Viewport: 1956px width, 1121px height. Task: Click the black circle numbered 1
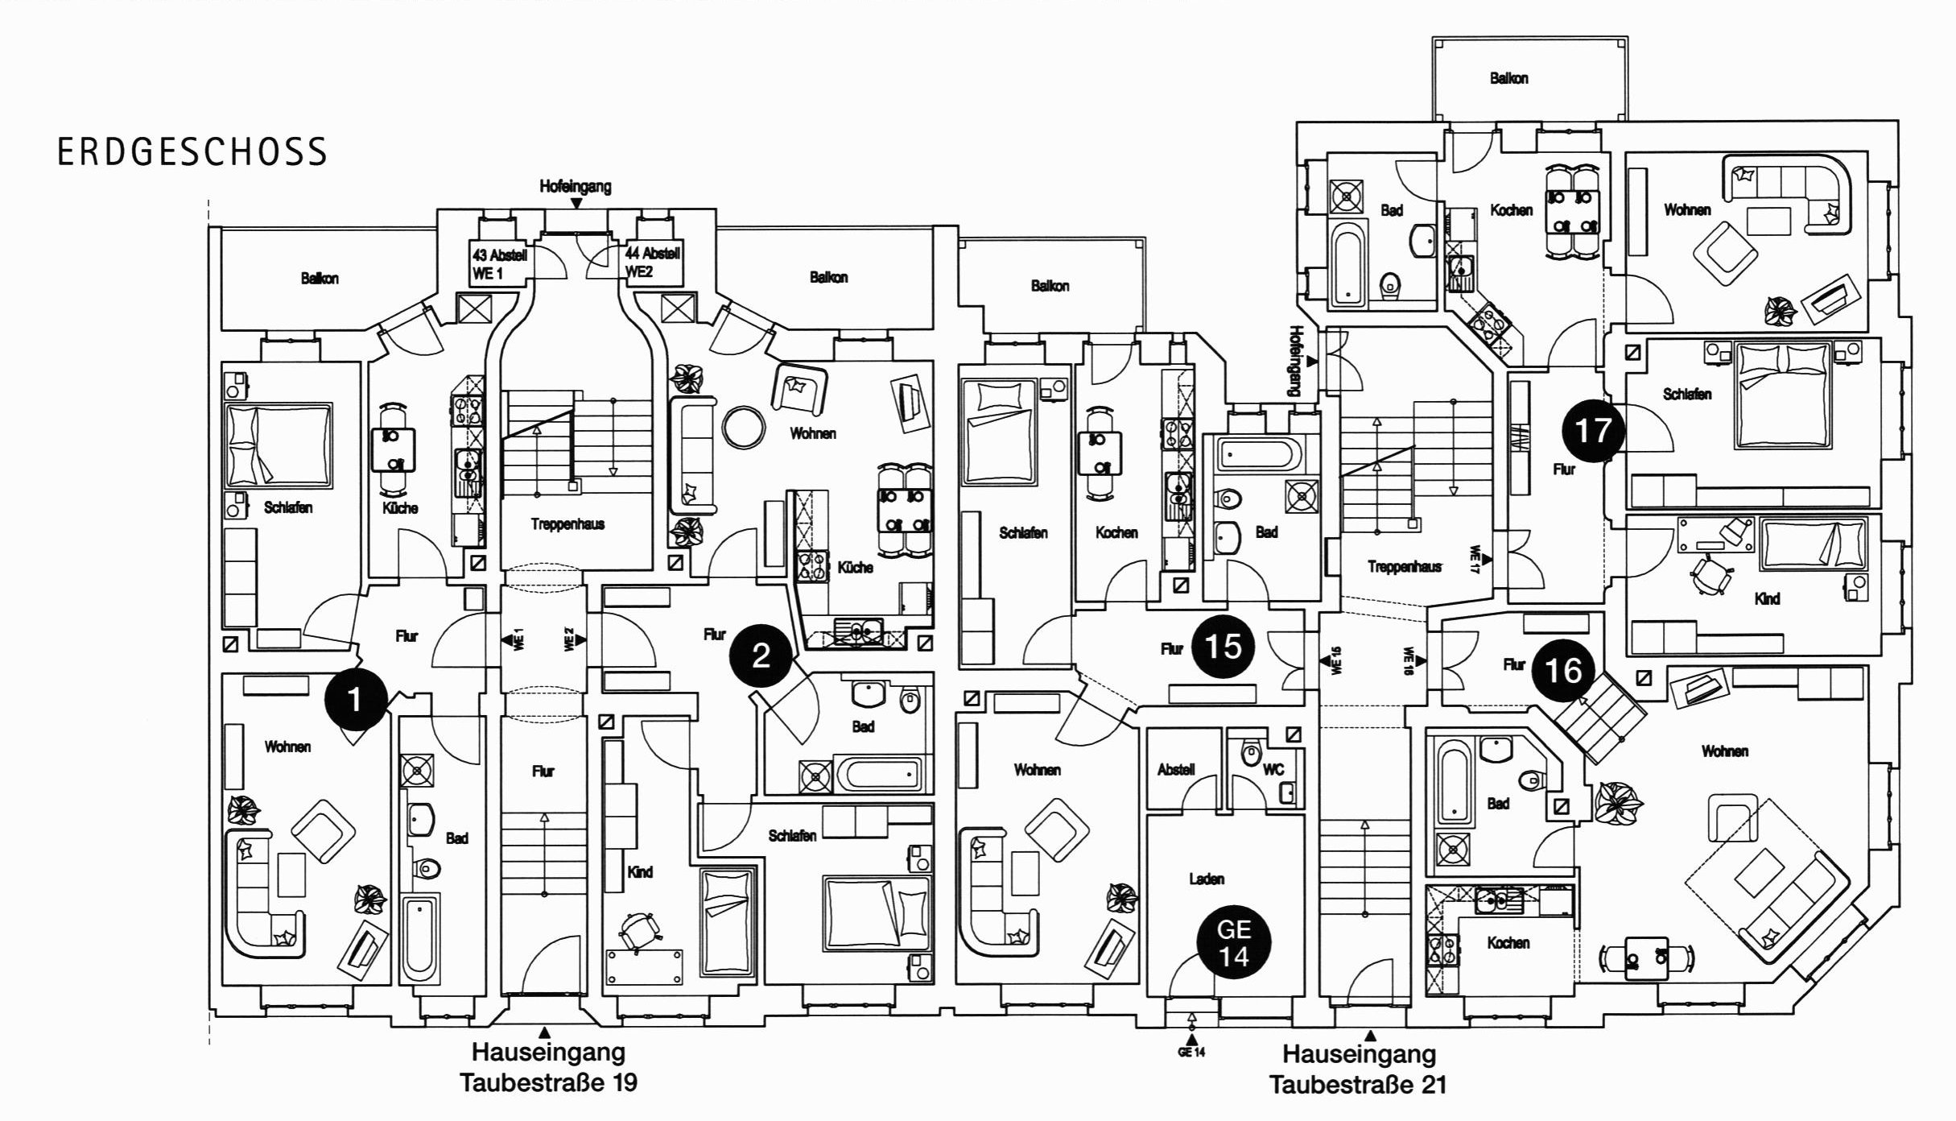[x=355, y=700]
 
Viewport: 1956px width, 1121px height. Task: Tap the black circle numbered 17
[x=1592, y=431]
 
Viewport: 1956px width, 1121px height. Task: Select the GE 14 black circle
[x=1233, y=943]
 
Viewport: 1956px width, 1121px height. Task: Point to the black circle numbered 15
[x=1223, y=646]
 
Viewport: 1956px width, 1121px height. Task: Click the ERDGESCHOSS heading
[x=192, y=152]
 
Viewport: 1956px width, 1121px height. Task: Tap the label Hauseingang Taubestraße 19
[x=548, y=1067]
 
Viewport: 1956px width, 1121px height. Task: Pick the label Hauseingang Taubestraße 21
[x=1359, y=1069]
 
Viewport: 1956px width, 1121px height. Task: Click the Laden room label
[x=1207, y=879]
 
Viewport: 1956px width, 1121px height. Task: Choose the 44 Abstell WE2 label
[x=653, y=263]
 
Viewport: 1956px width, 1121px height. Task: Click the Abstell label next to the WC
[x=1176, y=769]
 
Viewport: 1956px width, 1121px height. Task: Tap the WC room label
[x=1273, y=769]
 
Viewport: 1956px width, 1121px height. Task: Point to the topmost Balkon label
[x=1508, y=78]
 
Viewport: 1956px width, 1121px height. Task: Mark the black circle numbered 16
[x=1563, y=670]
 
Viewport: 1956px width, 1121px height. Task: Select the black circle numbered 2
[x=761, y=656]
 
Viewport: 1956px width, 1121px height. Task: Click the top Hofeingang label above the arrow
[x=575, y=187]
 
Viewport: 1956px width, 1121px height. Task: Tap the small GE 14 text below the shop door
[x=1191, y=1052]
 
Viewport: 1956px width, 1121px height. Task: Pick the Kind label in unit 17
[x=1767, y=598]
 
